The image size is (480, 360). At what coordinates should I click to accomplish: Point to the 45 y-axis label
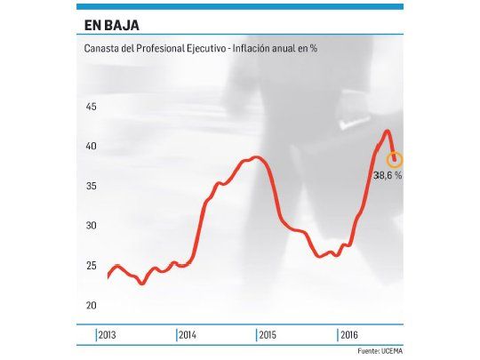tap(90, 107)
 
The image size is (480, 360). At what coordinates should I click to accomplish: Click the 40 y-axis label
tap(90, 147)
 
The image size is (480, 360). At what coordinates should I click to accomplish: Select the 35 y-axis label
tap(90, 187)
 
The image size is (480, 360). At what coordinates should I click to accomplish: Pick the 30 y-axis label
tap(90, 226)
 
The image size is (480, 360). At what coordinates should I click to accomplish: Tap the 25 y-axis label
tap(90, 266)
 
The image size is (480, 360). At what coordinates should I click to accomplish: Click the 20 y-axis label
tap(90, 306)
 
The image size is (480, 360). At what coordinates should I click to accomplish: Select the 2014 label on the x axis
tap(188, 335)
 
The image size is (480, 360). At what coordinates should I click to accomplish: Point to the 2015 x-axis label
tap(268, 335)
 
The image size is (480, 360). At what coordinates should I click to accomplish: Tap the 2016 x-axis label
tap(348, 335)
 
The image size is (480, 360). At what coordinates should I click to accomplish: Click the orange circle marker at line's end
tap(395, 160)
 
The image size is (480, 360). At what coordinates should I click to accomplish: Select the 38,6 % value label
tap(388, 176)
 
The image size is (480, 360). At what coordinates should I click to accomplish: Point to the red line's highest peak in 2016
tap(387, 132)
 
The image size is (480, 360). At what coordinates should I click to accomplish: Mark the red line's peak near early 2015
tap(255, 157)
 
